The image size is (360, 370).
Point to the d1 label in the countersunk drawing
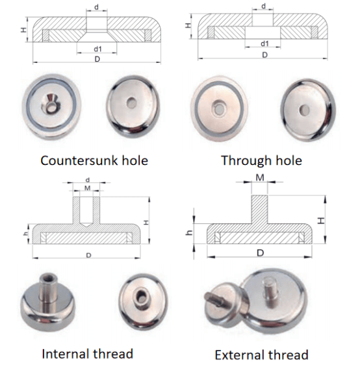[x=97, y=49]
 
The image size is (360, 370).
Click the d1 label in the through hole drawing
[x=264, y=43]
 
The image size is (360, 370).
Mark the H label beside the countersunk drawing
[x=23, y=30]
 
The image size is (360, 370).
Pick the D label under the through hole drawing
[x=265, y=55]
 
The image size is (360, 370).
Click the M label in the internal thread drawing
[x=88, y=188]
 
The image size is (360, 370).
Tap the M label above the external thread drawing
[x=260, y=177]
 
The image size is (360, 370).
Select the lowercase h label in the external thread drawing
[x=190, y=233]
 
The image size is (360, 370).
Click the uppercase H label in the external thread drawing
[x=321, y=221]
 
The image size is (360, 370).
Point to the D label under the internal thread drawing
[x=88, y=255]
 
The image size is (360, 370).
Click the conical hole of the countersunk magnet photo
[x=51, y=103]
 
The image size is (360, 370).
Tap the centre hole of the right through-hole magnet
[x=304, y=110]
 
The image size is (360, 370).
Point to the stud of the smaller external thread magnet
[x=213, y=299]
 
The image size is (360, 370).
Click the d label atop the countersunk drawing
[x=97, y=7]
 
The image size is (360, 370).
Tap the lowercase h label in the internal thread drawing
[x=25, y=234]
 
